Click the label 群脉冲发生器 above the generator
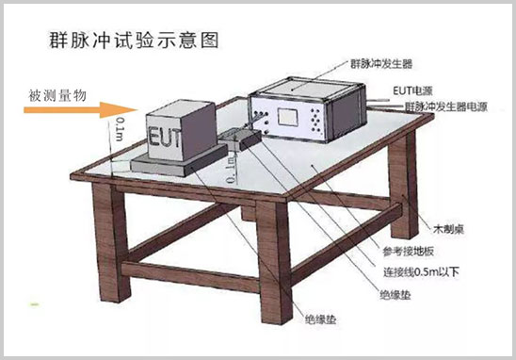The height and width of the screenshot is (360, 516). pyautogui.click(x=381, y=67)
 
